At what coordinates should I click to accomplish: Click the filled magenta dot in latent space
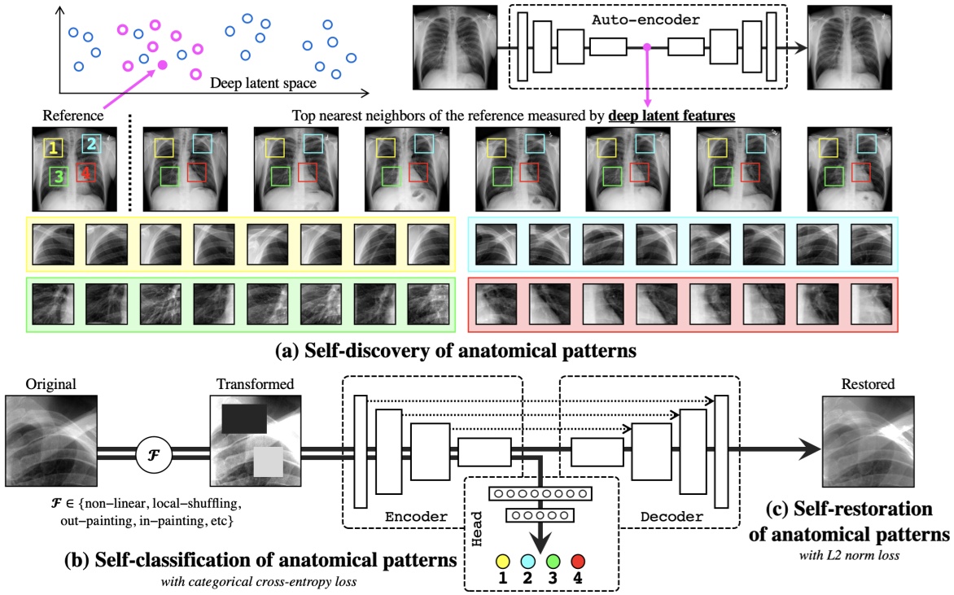(163, 65)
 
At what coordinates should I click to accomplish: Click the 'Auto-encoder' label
(645, 20)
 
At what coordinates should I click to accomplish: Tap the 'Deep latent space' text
(263, 83)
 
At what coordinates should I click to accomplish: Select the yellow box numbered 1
(54, 147)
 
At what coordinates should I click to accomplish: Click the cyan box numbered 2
(91, 143)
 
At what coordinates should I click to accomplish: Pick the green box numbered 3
(59, 177)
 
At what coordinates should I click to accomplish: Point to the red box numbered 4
(85, 173)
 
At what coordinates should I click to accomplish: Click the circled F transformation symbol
(154, 454)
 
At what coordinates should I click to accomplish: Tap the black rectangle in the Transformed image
(244, 418)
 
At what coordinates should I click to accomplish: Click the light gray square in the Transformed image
(269, 462)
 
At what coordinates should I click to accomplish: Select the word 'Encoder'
(416, 517)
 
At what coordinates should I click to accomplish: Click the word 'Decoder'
(672, 517)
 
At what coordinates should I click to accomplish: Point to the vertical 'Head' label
(477, 528)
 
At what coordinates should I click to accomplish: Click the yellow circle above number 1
(502, 561)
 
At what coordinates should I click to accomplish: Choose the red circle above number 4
(578, 561)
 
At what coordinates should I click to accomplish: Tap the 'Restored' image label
(868, 384)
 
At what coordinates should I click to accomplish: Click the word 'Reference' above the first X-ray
(73, 116)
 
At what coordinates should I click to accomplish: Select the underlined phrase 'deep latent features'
(672, 116)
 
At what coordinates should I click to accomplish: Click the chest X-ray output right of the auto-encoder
(849, 48)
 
